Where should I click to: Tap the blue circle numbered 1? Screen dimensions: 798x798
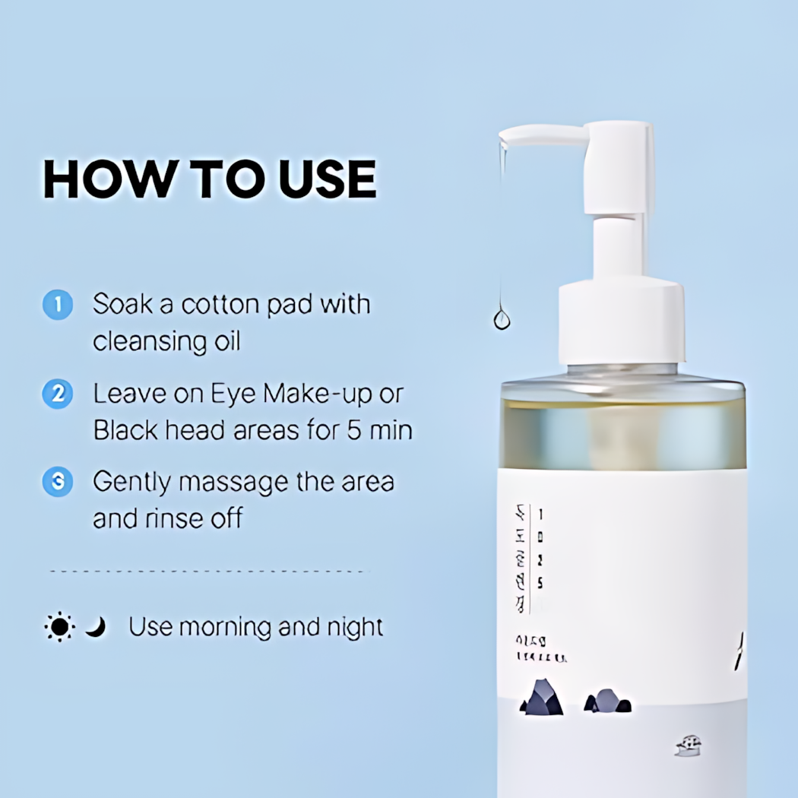click(x=58, y=306)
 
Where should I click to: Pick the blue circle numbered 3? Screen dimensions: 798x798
click(x=58, y=483)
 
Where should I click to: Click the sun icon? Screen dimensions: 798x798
click(x=59, y=628)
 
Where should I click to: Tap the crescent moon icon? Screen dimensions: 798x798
click(x=95, y=627)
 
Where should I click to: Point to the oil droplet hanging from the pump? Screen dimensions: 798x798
click(x=502, y=318)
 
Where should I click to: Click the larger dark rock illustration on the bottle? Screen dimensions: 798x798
click(x=542, y=698)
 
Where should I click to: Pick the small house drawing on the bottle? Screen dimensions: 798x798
click(x=688, y=746)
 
